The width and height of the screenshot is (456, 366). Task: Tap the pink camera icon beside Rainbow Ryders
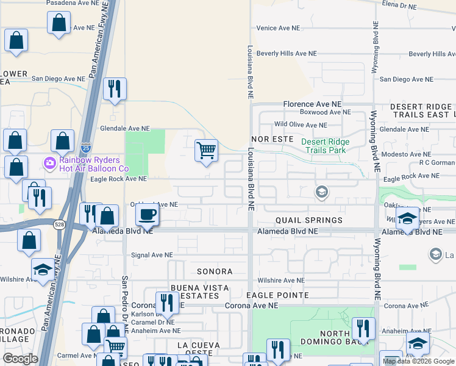49,163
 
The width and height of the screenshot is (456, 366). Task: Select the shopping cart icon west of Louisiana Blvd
207,149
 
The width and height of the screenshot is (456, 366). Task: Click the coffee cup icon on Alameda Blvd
146,215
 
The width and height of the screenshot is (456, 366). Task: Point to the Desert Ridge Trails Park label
324,146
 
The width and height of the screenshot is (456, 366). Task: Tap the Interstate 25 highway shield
86,148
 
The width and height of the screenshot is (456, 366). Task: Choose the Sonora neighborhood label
214,271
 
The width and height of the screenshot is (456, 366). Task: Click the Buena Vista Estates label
199,292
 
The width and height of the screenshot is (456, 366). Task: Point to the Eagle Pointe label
277,295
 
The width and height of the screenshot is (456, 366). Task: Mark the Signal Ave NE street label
152,255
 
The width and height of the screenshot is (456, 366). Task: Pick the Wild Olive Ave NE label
304,124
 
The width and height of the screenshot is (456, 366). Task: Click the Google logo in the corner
20,359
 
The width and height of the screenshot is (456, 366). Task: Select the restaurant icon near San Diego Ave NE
114,89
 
